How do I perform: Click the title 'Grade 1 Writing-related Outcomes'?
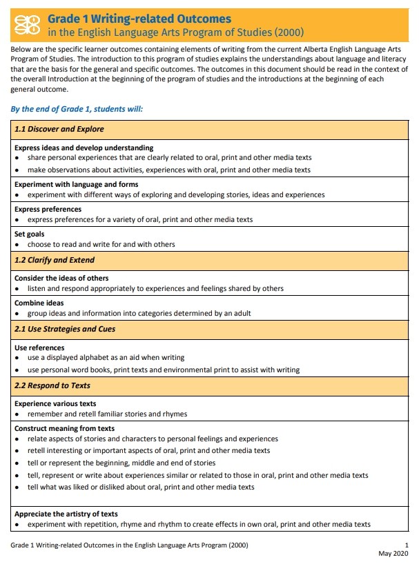point(139,19)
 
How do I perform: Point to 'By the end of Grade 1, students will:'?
point(77,109)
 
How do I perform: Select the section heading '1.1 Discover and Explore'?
point(59,129)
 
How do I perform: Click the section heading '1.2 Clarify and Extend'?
point(55,260)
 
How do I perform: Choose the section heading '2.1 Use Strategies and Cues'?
point(65,329)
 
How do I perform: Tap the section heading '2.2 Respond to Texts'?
point(52,385)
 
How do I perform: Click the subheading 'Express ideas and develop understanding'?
point(84,148)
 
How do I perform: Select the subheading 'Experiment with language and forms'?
point(76,184)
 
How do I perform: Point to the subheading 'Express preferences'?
point(48,209)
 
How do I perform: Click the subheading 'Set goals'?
point(30,234)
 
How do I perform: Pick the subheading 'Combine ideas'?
point(39,303)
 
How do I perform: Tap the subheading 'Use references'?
point(39,348)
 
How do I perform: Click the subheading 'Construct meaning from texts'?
point(64,428)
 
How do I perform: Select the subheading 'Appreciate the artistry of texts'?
point(66,514)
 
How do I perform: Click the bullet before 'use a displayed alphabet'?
point(17,359)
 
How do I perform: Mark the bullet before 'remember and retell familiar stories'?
point(17,414)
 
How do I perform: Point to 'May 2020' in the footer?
point(394,554)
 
